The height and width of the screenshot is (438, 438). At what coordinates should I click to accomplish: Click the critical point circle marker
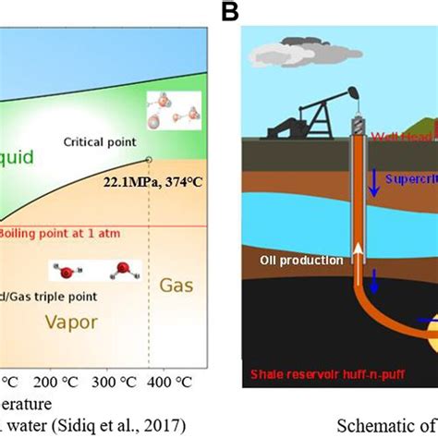[150, 159]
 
